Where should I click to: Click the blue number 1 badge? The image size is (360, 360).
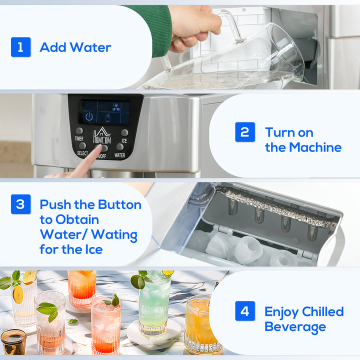click(x=20, y=47)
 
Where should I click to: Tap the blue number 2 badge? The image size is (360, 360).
click(x=244, y=132)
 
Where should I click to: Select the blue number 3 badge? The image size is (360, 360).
click(x=20, y=205)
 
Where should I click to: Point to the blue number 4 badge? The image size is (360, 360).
click(x=244, y=311)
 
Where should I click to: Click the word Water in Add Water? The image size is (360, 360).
click(x=90, y=47)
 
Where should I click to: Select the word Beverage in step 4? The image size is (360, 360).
click(x=295, y=327)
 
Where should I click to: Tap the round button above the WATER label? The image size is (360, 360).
click(x=120, y=147)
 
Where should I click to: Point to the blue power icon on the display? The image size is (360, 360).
click(x=89, y=116)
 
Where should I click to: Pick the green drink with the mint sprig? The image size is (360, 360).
click(x=154, y=305)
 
